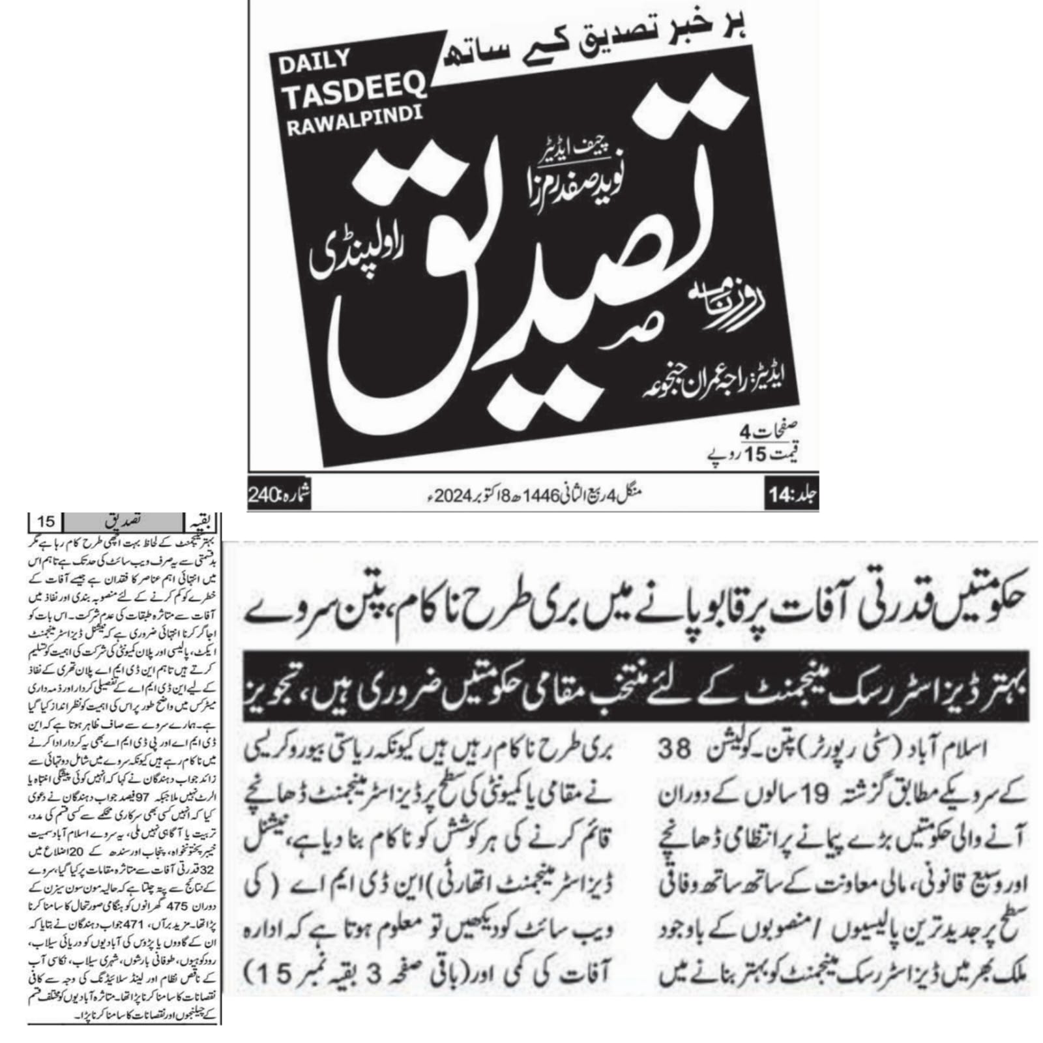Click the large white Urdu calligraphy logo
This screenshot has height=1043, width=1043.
click(x=515, y=287)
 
